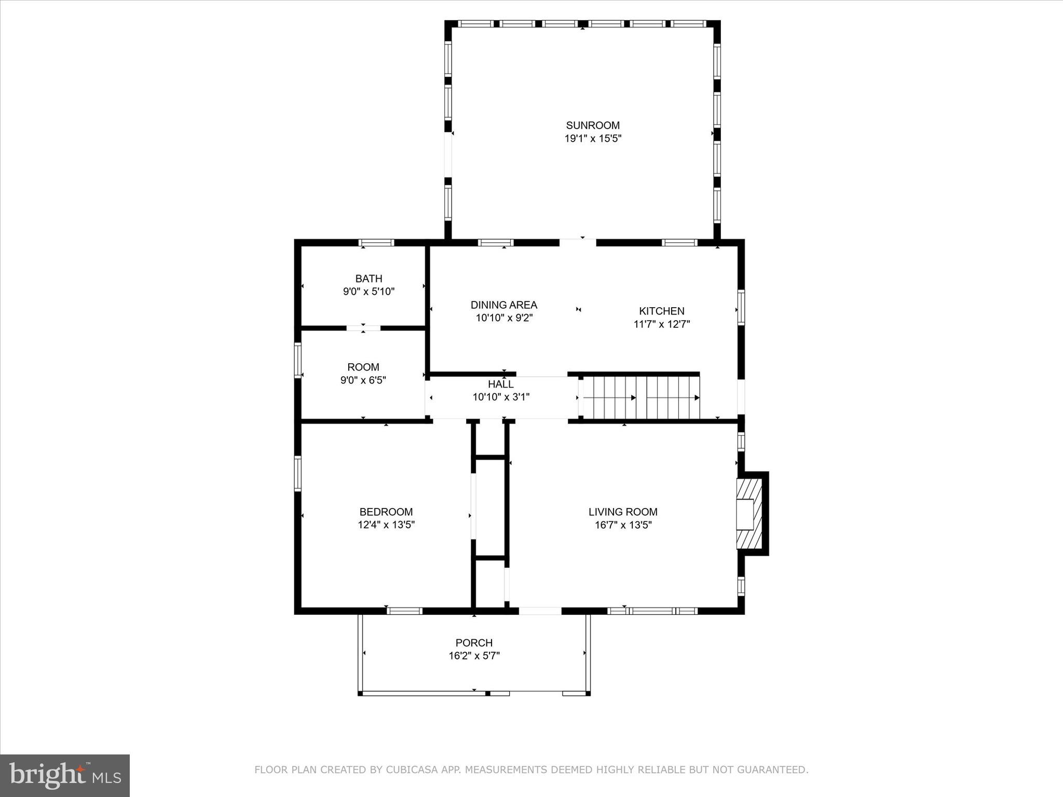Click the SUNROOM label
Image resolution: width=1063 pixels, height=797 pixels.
pyautogui.click(x=593, y=125)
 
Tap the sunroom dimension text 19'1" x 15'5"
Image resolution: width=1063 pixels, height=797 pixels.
pyautogui.click(x=593, y=139)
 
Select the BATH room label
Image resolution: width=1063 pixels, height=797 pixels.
pyautogui.click(x=369, y=279)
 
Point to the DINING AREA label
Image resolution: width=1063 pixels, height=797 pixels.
pyautogui.click(x=503, y=305)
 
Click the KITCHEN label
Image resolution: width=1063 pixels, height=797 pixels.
pyautogui.click(x=661, y=311)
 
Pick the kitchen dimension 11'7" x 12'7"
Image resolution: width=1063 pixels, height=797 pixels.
pyautogui.click(x=661, y=324)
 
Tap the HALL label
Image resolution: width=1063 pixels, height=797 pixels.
pyautogui.click(x=500, y=384)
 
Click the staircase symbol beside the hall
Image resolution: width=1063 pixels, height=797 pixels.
pyautogui.click(x=641, y=397)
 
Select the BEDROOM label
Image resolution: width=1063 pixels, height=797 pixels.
pyautogui.click(x=386, y=512)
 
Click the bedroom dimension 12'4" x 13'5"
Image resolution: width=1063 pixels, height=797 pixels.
pyautogui.click(x=386, y=525)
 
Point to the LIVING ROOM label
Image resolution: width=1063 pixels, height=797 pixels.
pyautogui.click(x=623, y=512)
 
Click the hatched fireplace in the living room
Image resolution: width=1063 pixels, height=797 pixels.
pyautogui.click(x=749, y=514)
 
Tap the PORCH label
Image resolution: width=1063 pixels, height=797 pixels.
pyautogui.click(x=474, y=642)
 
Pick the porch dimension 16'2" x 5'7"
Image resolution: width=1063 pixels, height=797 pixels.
pyautogui.click(x=474, y=656)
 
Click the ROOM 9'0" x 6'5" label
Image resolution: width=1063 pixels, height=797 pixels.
pyautogui.click(x=363, y=367)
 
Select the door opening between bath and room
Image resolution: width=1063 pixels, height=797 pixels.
pyautogui.click(x=363, y=328)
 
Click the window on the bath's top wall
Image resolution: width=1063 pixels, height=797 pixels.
pyautogui.click(x=376, y=242)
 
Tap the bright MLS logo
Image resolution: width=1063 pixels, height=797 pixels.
pyautogui.click(x=65, y=776)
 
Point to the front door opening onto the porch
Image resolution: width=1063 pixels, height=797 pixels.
pyautogui.click(x=540, y=611)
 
